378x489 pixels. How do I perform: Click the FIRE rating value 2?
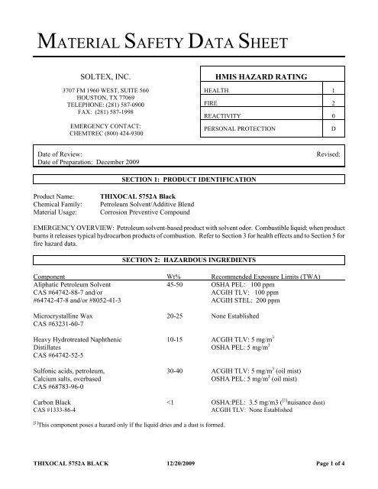344,103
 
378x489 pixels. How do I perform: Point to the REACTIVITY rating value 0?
344,116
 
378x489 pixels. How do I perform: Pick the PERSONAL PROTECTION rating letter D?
344,129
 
